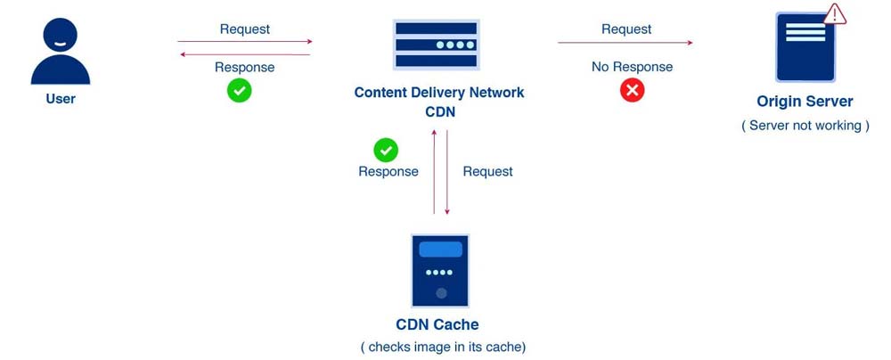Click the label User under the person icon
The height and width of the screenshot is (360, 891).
point(61,98)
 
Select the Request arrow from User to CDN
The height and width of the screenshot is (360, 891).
point(245,41)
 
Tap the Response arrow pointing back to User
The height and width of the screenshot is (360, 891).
point(245,54)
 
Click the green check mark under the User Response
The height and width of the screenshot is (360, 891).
point(239,90)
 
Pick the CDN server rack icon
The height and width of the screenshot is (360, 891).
point(437,45)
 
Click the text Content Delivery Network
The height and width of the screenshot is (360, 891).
point(438,93)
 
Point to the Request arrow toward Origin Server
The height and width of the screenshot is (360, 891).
point(625,42)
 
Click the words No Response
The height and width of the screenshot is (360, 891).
point(632,67)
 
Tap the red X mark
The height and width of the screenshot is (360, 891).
point(632,90)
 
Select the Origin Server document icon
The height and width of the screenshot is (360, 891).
point(805,48)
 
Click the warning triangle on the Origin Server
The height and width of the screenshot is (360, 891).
point(835,13)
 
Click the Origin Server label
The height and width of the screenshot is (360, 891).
point(805,102)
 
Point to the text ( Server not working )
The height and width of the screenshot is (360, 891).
point(805,126)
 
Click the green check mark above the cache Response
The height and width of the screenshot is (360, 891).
point(386,150)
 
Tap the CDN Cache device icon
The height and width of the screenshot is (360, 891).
point(440,271)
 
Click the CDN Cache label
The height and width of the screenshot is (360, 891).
point(437,324)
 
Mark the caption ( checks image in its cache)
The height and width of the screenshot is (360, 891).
point(443,347)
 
